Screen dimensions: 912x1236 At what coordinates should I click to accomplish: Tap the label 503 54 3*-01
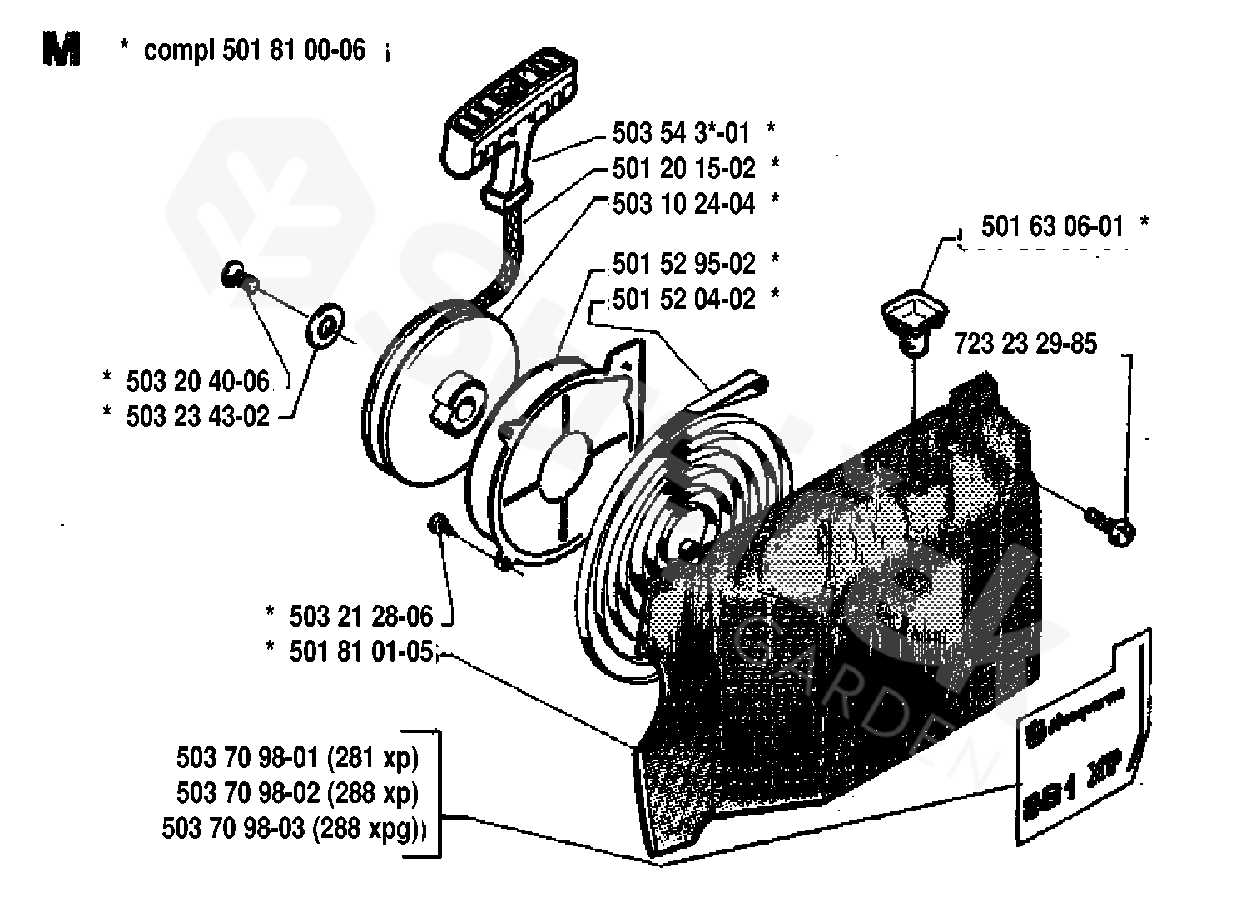681,133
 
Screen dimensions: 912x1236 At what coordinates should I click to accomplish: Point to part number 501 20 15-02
683,168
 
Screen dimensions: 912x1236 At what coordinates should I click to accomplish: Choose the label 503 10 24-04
683,204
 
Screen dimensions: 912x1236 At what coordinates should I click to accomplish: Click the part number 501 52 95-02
683,264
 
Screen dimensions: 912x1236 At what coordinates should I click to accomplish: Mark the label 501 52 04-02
683,299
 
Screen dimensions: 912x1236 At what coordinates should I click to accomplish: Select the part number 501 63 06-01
1052,226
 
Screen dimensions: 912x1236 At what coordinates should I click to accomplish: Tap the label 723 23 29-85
1025,344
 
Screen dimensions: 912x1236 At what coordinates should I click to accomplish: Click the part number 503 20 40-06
198,382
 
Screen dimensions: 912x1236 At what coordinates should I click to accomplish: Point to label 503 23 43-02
198,416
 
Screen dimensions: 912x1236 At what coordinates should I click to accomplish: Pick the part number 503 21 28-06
361,617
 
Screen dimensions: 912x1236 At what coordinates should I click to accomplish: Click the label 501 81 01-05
361,652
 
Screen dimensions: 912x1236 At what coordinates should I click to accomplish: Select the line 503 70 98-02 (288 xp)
297,793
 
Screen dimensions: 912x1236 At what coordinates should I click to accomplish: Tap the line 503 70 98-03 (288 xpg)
291,829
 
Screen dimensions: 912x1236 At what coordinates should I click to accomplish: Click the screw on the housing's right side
1111,525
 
